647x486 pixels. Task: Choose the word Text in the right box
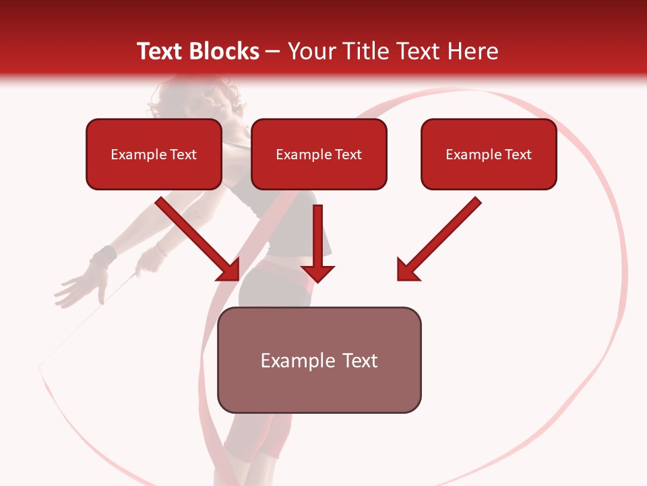[x=518, y=155]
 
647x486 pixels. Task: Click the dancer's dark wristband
[x=103, y=257]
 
